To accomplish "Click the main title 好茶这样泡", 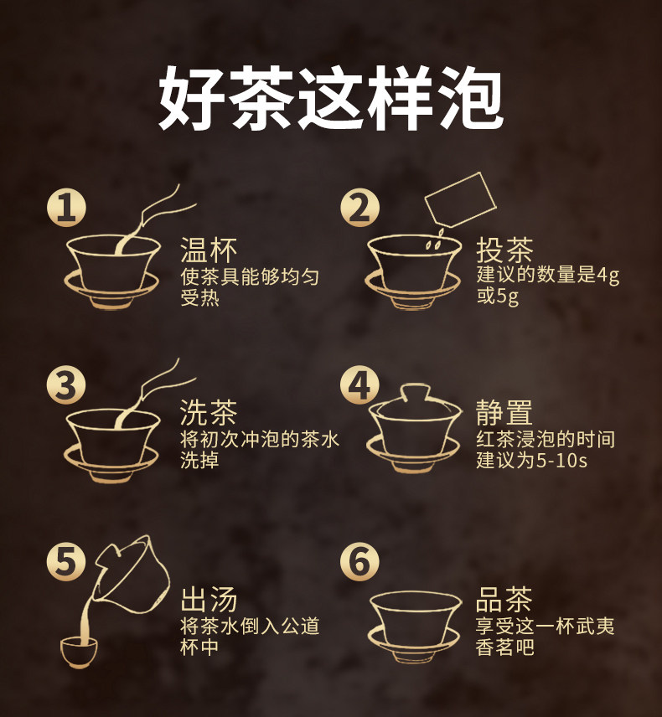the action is (330, 98).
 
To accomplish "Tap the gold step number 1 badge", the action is (66, 208).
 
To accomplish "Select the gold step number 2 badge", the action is (360, 208).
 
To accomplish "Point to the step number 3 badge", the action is (66, 384).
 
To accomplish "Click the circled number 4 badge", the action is (360, 384).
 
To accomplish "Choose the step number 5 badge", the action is (66, 561).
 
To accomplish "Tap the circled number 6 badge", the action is (360, 561).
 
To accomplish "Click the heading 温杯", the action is (209, 250).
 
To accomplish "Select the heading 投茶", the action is (504, 250).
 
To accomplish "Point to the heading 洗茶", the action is (209, 412).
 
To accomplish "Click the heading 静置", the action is (504, 412).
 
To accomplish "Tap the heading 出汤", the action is (209, 600).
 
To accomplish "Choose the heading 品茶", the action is (504, 600).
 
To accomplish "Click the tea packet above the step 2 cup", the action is (461, 199).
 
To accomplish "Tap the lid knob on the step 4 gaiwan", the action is (415, 392).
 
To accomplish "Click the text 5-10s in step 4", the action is (561, 461).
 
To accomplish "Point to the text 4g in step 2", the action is (608, 276).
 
